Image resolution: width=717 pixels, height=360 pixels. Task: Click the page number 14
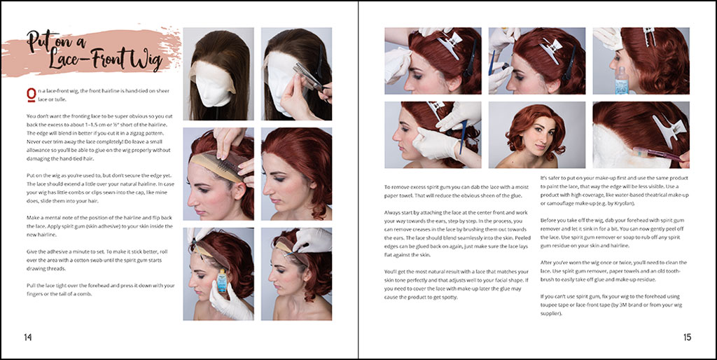coord(28,338)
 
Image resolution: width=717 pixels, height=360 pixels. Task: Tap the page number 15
coord(688,338)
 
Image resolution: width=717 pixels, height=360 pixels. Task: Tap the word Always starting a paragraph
coord(394,213)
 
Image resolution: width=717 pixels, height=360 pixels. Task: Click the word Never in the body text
coord(35,141)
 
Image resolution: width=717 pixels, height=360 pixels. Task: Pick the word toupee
coord(550,305)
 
